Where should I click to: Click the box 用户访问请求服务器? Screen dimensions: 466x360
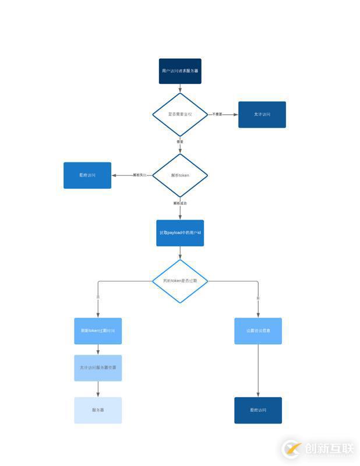coord(180,71)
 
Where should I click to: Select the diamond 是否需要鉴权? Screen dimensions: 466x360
coord(180,114)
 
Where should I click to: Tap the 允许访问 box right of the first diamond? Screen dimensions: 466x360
coord(262,114)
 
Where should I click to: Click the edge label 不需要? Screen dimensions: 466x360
coord(217,114)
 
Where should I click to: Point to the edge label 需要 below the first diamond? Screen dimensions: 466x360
coord(180,142)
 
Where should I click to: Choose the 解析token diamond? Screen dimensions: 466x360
coord(180,175)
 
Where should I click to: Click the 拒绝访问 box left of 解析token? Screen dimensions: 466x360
coord(87,175)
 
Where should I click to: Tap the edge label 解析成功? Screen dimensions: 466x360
coord(180,203)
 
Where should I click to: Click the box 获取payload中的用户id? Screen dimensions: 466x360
coord(180,233)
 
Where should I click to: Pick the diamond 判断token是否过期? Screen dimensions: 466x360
coord(180,281)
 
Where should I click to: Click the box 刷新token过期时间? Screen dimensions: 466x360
coord(98,331)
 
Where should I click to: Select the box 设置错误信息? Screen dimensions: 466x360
coord(258,331)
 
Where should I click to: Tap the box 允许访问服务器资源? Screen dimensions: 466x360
coord(98,368)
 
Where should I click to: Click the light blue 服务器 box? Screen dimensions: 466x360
coord(98,410)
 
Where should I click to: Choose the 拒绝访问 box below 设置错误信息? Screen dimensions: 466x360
coord(258,410)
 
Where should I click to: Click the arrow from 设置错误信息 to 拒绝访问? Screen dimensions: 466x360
coord(258,371)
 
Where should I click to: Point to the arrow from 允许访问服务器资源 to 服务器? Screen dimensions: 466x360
coord(98,389)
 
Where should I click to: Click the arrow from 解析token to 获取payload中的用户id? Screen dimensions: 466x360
coord(180,213)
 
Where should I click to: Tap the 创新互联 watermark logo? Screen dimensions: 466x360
coord(318,449)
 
